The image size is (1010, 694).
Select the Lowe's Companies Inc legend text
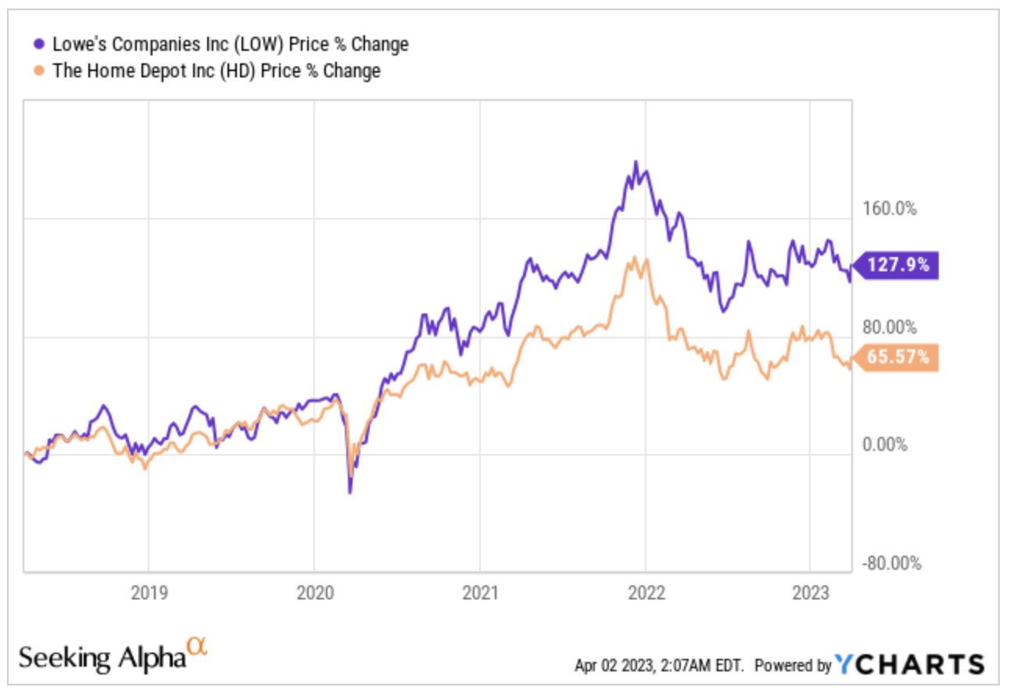click(x=230, y=45)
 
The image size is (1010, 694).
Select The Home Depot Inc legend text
click(x=216, y=71)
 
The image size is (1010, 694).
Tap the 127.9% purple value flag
click(x=896, y=266)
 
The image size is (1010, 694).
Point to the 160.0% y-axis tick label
click(x=890, y=209)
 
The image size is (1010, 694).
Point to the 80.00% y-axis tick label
click(x=890, y=327)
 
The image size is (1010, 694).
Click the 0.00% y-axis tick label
click(x=886, y=445)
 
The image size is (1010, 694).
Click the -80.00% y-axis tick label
click(x=890, y=563)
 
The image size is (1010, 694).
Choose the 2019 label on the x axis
click(x=149, y=592)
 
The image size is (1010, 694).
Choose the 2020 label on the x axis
click(x=314, y=592)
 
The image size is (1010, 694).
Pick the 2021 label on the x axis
click(x=480, y=592)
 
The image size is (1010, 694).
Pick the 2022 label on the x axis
click(x=646, y=592)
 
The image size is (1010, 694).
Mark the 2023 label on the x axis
click(x=811, y=592)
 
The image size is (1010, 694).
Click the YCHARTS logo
click(x=910, y=664)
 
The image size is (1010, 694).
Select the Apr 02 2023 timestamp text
click(x=663, y=666)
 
